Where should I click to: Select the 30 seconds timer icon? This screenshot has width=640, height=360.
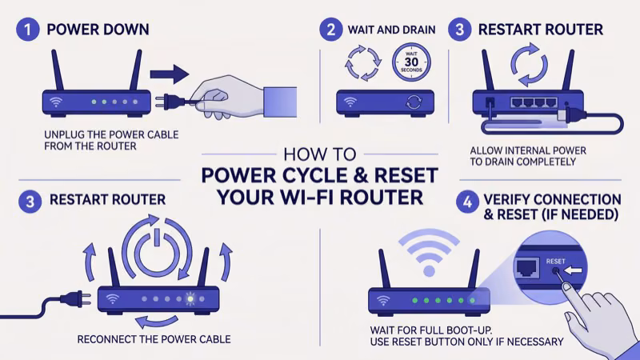(x=412, y=63)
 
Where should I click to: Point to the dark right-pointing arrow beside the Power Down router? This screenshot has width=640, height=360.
(x=169, y=74)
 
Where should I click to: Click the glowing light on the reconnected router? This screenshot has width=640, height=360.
(x=190, y=300)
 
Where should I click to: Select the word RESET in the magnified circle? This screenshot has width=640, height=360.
(x=555, y=261)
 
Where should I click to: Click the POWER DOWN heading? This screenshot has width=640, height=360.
(x=98, y=30)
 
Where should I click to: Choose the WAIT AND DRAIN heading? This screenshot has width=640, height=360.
(x=391, y=30)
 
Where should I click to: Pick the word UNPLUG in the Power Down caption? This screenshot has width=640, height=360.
(x=66, y=134)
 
